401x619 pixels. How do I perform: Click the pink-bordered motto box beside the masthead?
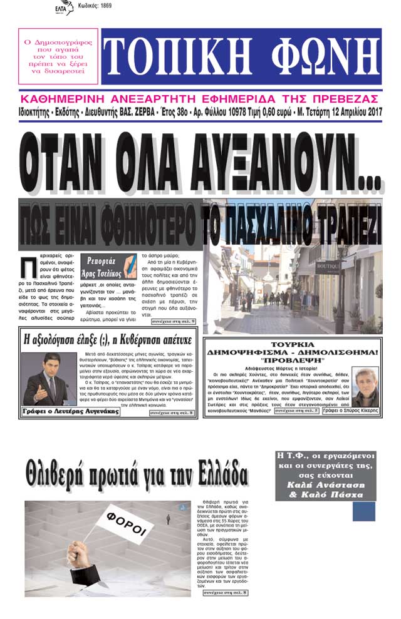click(58, 56)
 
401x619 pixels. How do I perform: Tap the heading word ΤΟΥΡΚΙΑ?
click(291, 344)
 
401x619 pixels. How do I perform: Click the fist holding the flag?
click(85, 558)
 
